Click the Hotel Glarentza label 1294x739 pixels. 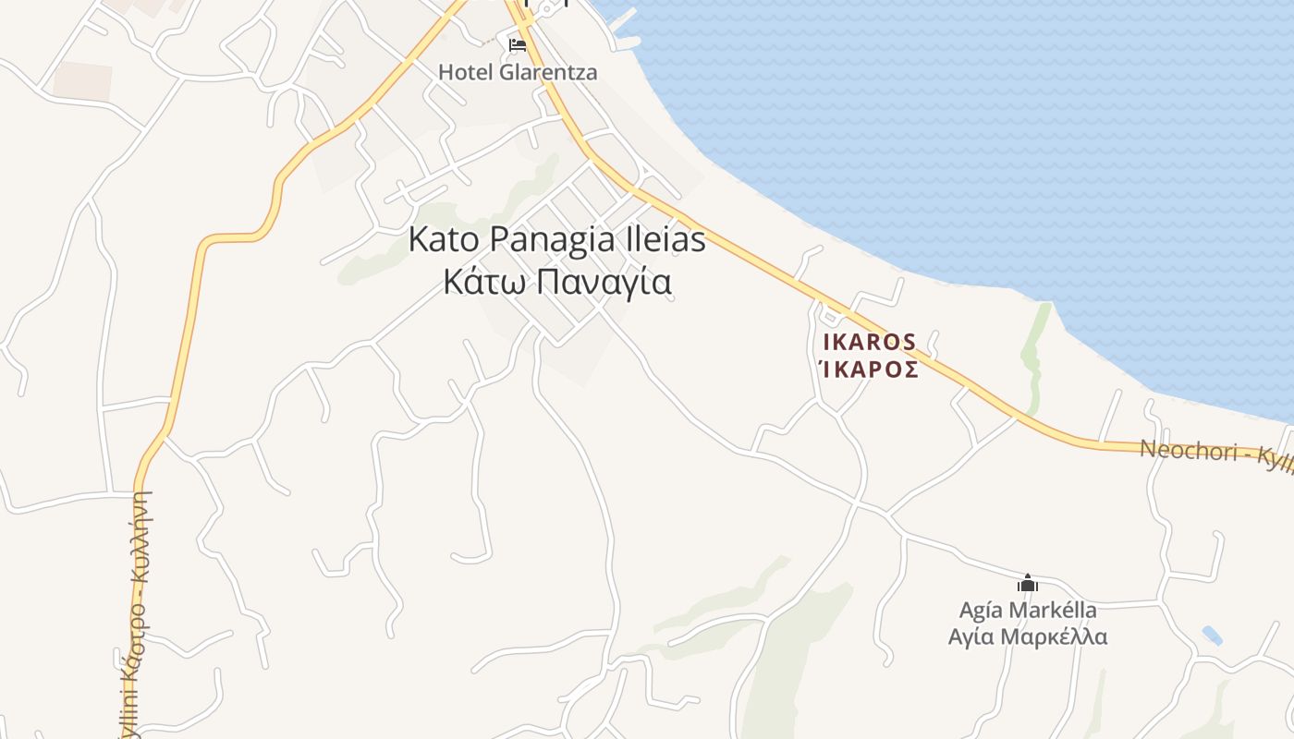point(518,72)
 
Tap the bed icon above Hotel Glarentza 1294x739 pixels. point(518,44)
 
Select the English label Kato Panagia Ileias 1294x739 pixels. point(556,240)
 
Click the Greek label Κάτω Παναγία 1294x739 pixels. point(556,283)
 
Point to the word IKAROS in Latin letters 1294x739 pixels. point(870,342)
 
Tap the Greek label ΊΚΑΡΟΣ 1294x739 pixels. point(870,369)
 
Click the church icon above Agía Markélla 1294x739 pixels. point(1027,583)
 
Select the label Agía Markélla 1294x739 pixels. point(1028,610)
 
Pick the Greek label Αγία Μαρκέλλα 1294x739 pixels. point(1028,636)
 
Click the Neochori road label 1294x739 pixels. point(1211,454)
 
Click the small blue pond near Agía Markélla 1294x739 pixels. point(1212,636)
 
